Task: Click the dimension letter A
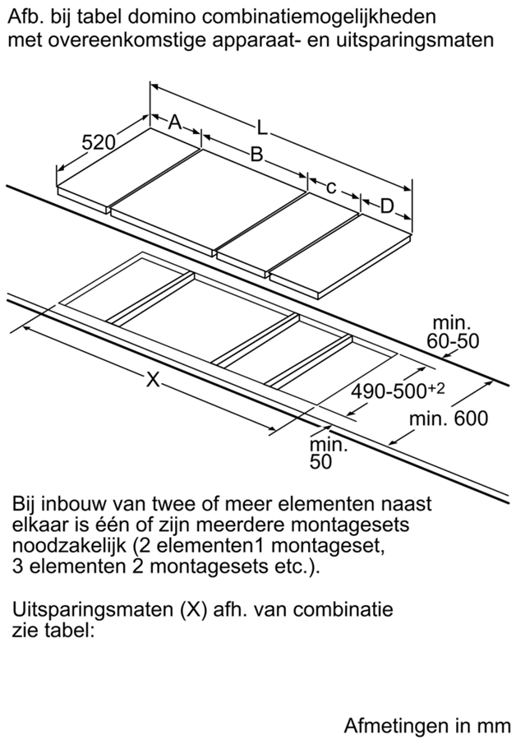175,123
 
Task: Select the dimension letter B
256,154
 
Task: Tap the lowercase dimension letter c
331,187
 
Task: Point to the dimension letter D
387,206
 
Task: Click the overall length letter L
262,127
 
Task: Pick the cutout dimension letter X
152,378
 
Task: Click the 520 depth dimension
99,142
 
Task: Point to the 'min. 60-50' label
453,332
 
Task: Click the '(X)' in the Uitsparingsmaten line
193,609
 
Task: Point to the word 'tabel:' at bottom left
71,631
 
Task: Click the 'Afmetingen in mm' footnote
427,725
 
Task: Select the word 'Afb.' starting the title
25,17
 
